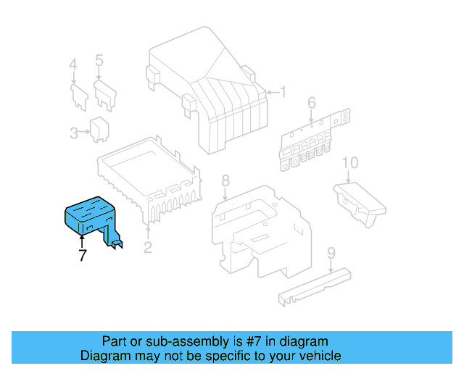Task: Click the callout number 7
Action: [x=83, y=255]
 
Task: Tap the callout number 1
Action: [x=283, y=92]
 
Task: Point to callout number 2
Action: [x=148, y=247]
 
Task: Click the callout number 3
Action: [x=74, y=133]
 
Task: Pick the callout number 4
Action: [x=73, y=64]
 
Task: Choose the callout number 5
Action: [x=99, y=60]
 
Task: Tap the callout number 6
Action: [x=312, y=103]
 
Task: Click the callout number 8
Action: [x=225, y=180]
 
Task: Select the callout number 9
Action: [x=331, y=253]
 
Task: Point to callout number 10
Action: [x=350, y=163]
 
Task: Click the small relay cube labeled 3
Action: [x=99, y=129]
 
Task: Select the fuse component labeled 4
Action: [x=79, y=97]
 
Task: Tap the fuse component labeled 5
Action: [x=105, y=95]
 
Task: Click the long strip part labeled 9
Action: [x=315, y=287]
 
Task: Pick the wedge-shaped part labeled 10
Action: [x=360, y=204]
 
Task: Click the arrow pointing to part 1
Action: [x=273, y=93]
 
